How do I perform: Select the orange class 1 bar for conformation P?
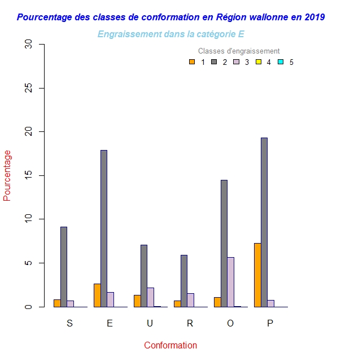pyautogui.click(x=257, y=275)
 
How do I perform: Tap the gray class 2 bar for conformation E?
pyautogui.click(x=104, y=228)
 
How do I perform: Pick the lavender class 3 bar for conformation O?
pyautogui.click(x=231, y=282)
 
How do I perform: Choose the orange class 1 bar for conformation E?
pyautogui.click(x=97, y=295)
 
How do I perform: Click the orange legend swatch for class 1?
pyautogui.click(x=192, y=62)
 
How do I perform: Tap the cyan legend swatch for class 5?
pyautogui.click(x=281, y=62)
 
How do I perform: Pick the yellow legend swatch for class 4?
pyautogui.click(x=259, y=62)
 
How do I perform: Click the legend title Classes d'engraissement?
pyautogui.click(x=239, y=51)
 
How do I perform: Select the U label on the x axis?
pyautogui.click(x=150, y=324)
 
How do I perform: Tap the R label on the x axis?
pyautogui.click(x=190, y=324)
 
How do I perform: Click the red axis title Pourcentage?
pyautogui.click(x=7, y=175)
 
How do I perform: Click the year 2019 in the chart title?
pyautogui.click(x=314, y=17)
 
